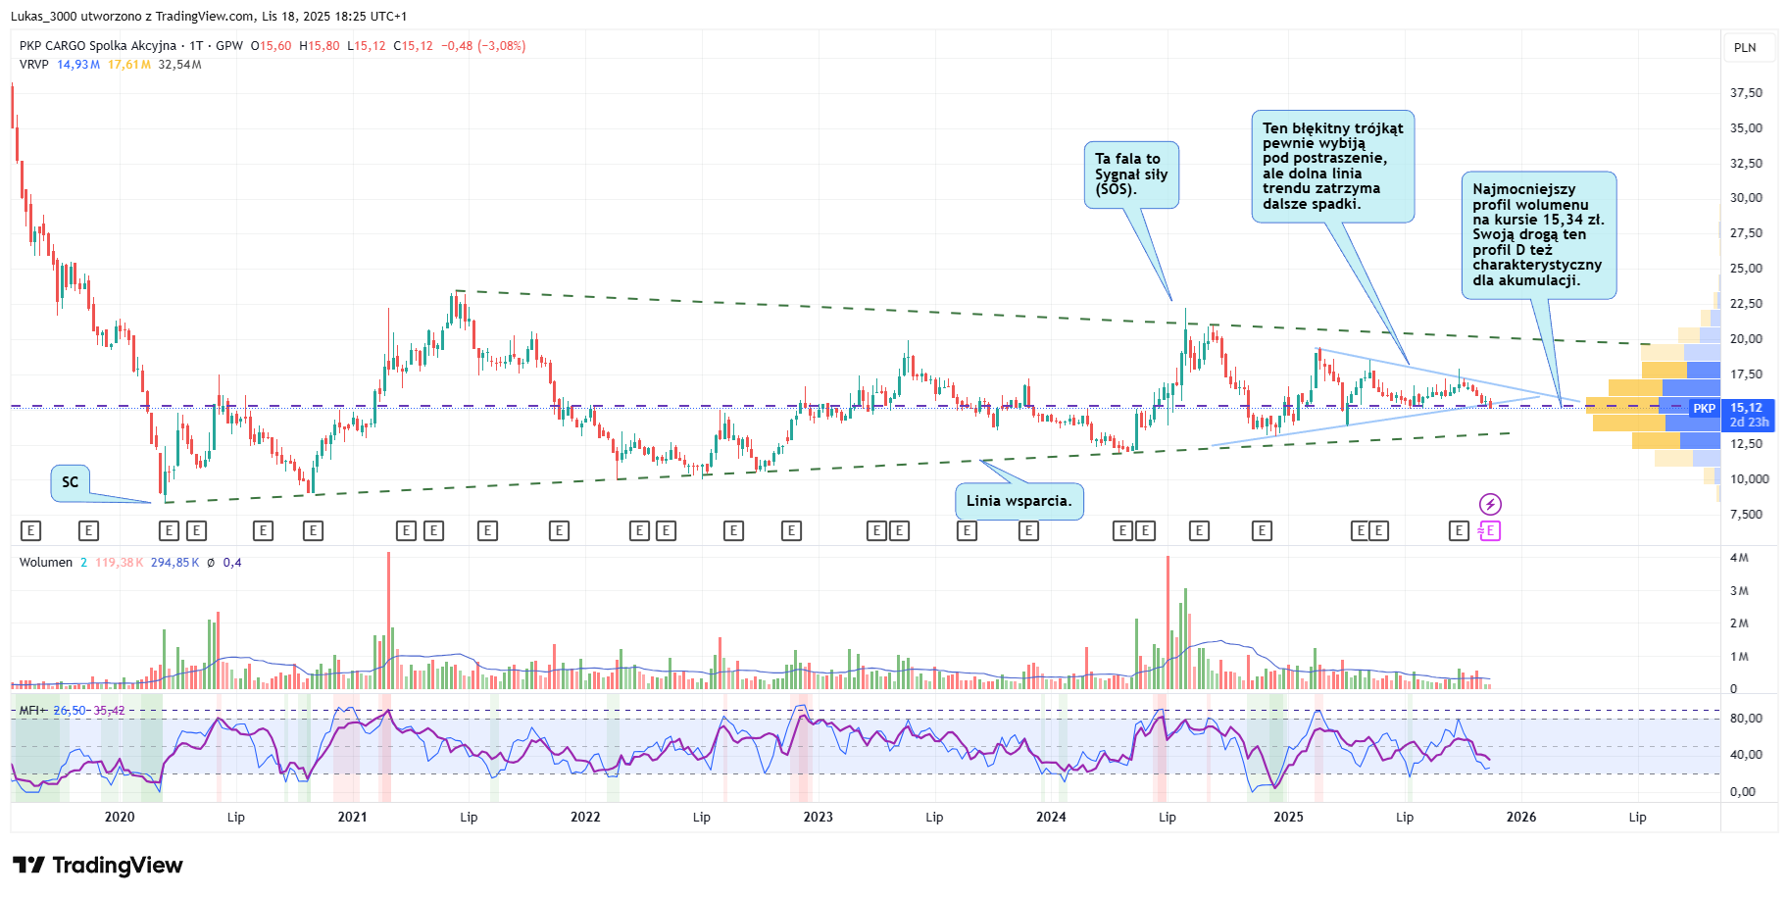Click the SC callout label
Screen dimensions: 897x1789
tap(70, 482)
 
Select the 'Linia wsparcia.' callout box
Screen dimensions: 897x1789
tap(1019, 501)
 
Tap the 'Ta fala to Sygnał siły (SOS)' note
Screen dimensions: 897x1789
tap(1130, 174)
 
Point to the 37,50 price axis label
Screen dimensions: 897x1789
tap(1746, 93)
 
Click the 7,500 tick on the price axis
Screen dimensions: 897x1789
tap(1746, 515)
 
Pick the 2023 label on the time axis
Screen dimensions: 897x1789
tap(818, 817)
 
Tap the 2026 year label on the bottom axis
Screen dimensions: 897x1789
tap(1520, 817)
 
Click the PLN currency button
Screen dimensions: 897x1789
tap(1745, 48)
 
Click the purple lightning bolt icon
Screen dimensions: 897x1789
tap(1490, 505)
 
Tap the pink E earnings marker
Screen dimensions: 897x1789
tap(1490, 530)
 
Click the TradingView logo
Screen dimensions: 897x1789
tap(98, 865)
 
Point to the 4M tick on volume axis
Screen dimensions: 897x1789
tap(1739, 558)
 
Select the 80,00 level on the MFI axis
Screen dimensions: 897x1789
tap(1746, 719)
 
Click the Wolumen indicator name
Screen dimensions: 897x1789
tap(46, 563)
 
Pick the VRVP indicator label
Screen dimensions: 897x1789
tap(34, 65)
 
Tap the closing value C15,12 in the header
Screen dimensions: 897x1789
tap(413, 46)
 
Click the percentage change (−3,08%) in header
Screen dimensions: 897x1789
tap(501, 46)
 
